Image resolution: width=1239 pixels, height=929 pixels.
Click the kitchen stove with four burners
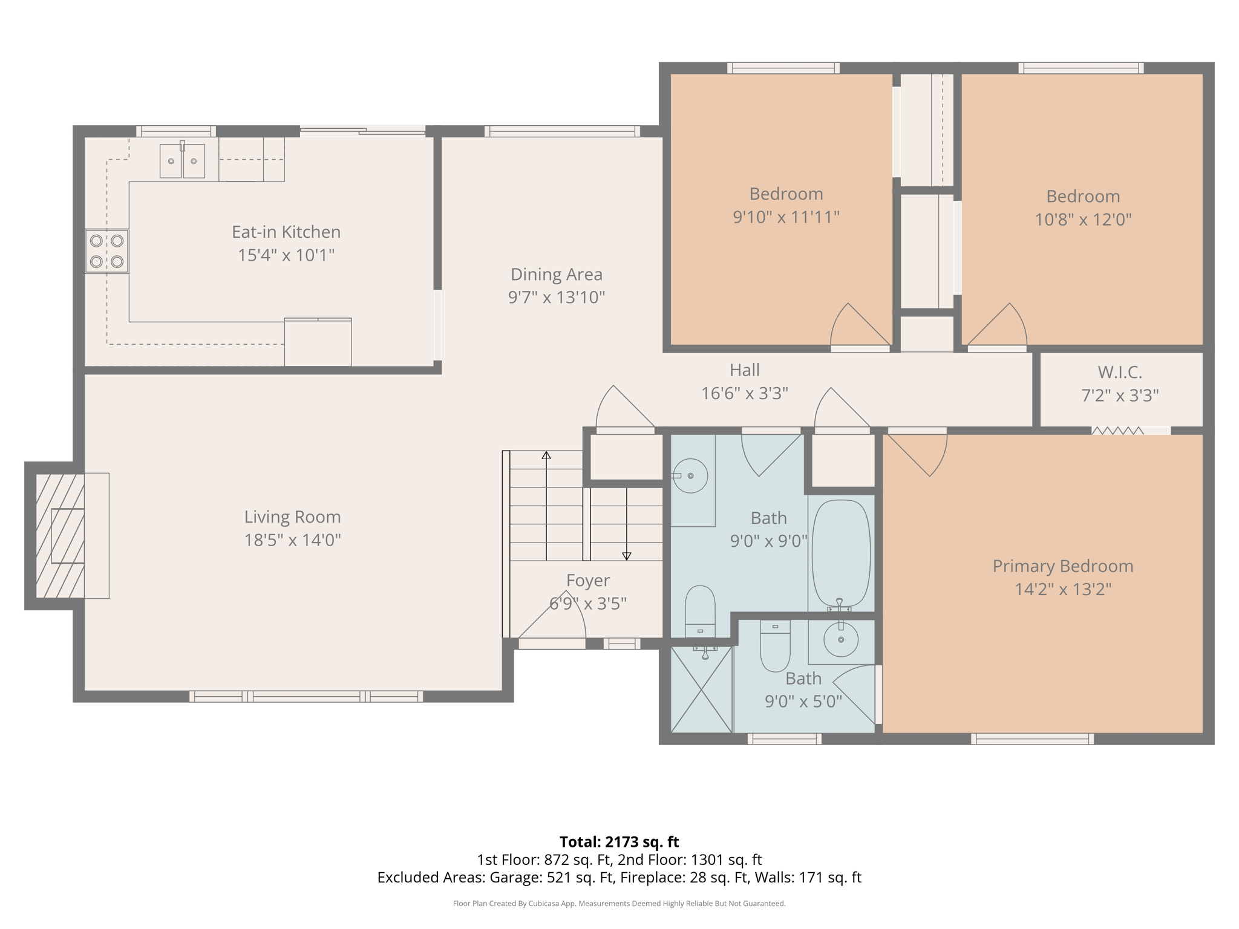click(106, 251)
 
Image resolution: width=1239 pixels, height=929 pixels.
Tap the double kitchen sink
click(182, 161)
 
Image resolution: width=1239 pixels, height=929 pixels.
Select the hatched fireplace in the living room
click(60, 536)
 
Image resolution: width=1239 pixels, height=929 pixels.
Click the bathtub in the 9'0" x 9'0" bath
click(841, 553)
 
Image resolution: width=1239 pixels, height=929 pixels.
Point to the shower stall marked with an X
click(701, 689)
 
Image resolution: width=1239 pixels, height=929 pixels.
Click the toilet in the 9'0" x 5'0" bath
click(775, 646)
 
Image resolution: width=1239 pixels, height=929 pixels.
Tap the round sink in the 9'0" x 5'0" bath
click(840, 639)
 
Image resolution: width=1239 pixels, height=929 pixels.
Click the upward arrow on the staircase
click(546, 455)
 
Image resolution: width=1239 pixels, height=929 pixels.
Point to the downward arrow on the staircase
click(627, 555)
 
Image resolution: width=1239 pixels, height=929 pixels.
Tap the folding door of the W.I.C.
click(1118, 431)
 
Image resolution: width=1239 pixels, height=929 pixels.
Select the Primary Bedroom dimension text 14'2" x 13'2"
click(1063, 589)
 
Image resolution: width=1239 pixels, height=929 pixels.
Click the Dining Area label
click(557, 275)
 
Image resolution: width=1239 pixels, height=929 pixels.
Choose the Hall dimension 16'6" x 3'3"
click(744, 394)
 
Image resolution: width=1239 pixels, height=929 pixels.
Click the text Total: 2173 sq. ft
click(619, 842)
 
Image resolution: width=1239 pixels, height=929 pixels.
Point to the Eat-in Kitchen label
click(286, 232)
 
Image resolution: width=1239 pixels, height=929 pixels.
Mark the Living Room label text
click(292, 517)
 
